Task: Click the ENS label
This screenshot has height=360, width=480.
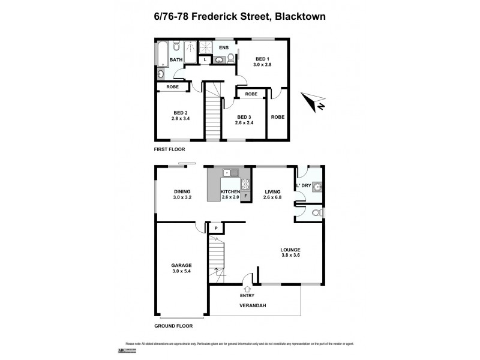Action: (x=224, y=48)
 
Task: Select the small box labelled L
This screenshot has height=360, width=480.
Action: (x=205, y=60)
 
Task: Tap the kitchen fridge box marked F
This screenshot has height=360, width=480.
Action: (x=245, y=196)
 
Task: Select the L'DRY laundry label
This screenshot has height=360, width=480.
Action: (x=305, y=185)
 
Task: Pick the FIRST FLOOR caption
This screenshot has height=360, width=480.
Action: (x=169, y=149)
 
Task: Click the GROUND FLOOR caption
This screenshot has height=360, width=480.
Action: (x=173, y=326)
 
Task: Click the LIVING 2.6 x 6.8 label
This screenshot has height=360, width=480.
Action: (x=273, y=194)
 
